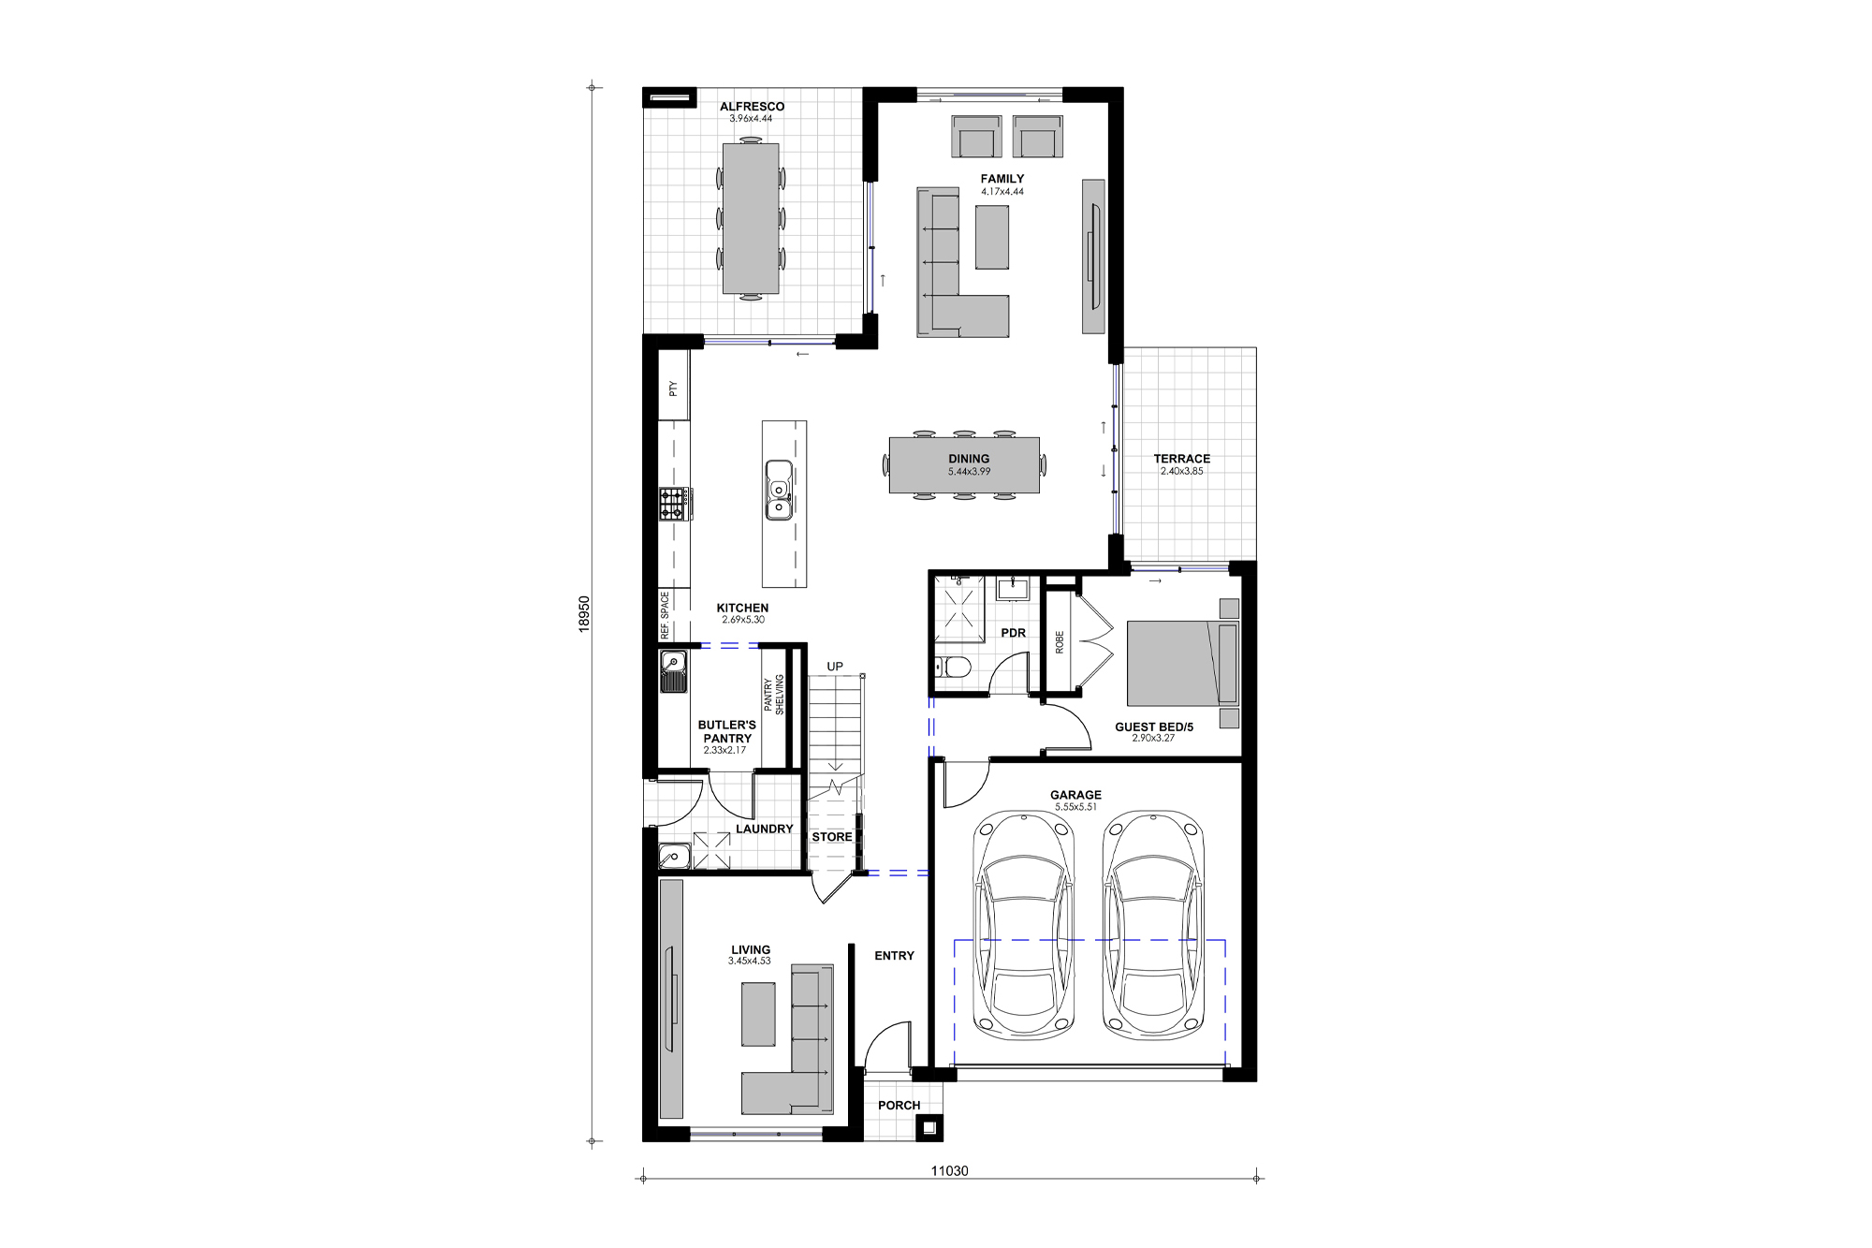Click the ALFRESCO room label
[752, 107]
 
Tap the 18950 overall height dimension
[584, 614]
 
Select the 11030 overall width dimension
[949, 1170]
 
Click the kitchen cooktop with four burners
[673, 504]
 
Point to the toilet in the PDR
[953, 668]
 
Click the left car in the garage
[1024, 925]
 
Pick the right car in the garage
[1153, 925]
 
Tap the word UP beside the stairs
[835, 667]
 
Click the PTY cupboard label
[673, 388]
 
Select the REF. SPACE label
[665, 615]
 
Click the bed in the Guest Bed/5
[1181, 663]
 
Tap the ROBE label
[1060, 642]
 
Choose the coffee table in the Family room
[992, 238]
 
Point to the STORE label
[832, 837]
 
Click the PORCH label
[899, 1106]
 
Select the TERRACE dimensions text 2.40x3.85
[1181, 472]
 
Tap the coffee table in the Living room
[758, 1014]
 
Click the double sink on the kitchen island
[779, 490]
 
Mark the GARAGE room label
[1075, 795]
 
